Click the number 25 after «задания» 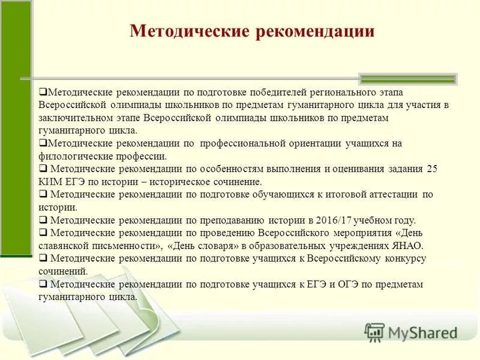[432, 169]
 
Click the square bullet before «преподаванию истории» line [43, 220]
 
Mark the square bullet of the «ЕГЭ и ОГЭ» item [43, 284]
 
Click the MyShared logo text [420, 332]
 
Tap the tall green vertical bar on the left [16, 126]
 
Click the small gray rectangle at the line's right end [407, 79]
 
